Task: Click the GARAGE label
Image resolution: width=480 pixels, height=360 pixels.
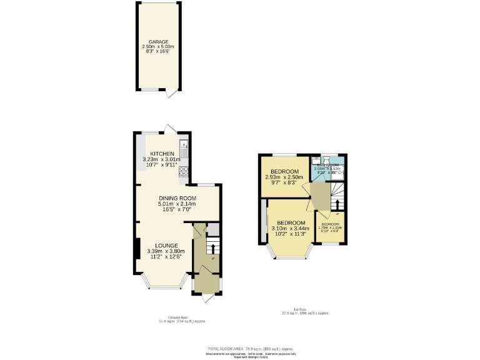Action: click(158, 42)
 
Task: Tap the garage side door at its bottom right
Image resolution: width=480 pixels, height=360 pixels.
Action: click(170, 94)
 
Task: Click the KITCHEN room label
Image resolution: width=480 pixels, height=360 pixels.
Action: click(162, 154)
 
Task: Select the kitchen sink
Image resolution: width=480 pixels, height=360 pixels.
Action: click(184, 149)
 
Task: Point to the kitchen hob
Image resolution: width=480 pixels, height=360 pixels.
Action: click(184, 170)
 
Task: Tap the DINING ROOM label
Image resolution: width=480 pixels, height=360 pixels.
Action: click(177, 198)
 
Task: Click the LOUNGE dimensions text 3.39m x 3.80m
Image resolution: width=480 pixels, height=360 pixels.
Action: click(166, 251)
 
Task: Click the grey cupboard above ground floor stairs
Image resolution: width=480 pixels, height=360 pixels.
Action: click(213, 229)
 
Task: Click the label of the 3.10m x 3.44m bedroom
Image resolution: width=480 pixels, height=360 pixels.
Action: click(291, 223)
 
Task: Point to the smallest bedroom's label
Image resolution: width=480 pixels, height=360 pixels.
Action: click(331, 224)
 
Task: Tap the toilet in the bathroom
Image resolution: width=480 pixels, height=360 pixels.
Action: click(337, 161)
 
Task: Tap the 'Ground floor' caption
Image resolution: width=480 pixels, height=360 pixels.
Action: click(181, 317)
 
